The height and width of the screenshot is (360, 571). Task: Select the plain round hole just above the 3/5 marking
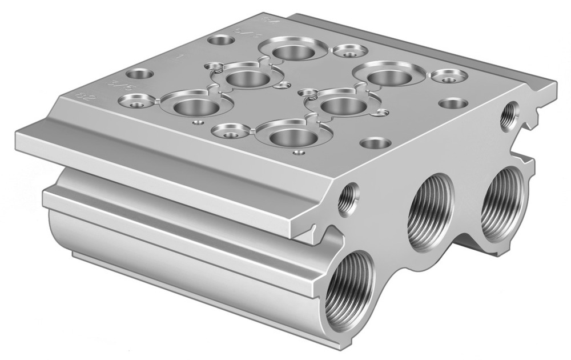pos(139,74)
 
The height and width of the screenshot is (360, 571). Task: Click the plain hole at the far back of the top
pos(221,41)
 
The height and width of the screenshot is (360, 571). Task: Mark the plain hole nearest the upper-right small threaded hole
pos(454,104)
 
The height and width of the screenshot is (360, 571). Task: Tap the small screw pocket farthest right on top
pos(449,75)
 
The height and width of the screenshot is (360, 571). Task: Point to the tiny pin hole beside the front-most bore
pos(297,153)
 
